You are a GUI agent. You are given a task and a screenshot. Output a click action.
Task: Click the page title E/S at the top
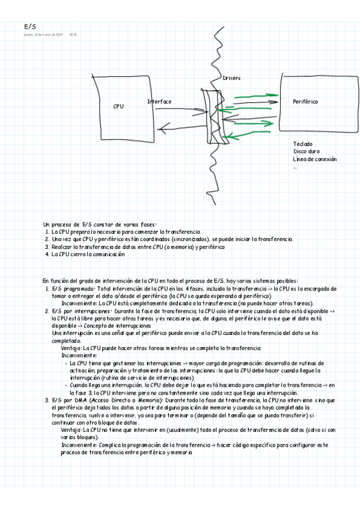[x=30, y=26]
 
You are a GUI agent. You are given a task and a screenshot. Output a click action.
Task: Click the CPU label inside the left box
[x=118, y=106]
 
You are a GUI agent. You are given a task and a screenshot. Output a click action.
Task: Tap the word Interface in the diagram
[x=159, y=102]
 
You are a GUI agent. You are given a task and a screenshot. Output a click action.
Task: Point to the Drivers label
[x=231, y=78]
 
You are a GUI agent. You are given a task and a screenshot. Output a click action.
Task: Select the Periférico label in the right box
[x=305, y=102]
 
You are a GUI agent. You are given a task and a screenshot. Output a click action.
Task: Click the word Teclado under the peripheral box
[x=302, y=144]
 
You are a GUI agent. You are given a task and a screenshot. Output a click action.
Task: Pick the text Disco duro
[x=306, y=152]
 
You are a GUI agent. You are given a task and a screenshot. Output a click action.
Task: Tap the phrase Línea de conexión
[x=314, y=159]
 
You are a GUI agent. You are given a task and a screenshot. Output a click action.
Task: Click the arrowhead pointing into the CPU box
[x=154, y=127]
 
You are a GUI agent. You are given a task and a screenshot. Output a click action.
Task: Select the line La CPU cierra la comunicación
[x=88, y=254]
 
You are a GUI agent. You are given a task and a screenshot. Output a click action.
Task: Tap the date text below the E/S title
[x=43, y=34]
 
